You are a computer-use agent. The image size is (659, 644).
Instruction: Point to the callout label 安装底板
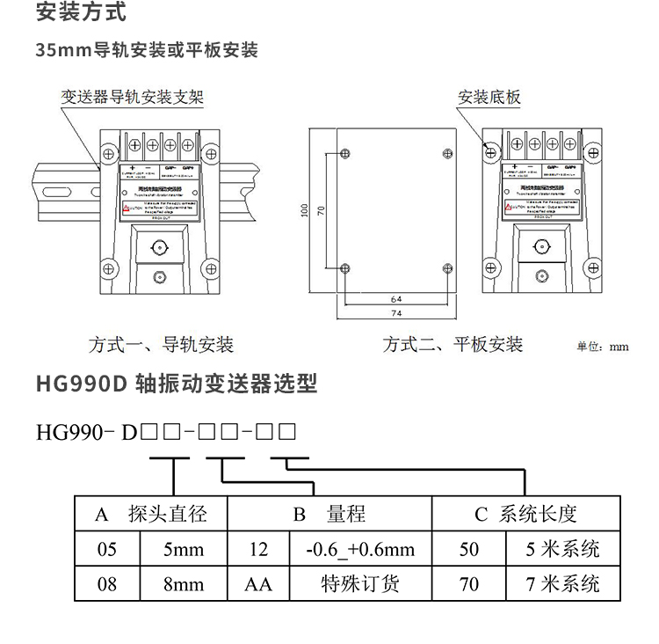(489, 96)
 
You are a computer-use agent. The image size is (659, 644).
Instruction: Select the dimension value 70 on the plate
(322, 211)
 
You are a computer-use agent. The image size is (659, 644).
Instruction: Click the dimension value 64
(395, 299)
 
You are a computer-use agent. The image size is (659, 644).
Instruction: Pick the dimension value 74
(395, 313)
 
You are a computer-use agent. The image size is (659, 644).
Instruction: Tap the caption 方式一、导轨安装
(162, 344)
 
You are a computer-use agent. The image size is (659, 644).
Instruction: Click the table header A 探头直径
(150, 515)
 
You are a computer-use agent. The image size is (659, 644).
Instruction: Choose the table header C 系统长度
(525, 515)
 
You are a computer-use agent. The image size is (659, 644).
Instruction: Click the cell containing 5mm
(184, 550)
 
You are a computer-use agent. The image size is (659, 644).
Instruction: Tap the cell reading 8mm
(184, 583)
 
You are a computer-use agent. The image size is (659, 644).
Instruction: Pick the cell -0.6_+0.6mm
(359, 550)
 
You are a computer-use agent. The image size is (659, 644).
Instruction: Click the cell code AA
(258, 583)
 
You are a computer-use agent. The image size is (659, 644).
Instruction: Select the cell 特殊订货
(359, 583)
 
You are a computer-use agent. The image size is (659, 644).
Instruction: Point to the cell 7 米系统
(562, 583)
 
